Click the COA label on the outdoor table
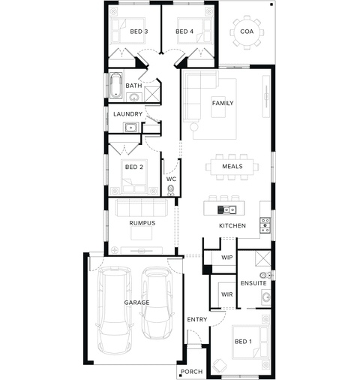coord(247,32)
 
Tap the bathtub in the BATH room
coord(115,86)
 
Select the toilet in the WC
coord(171,190)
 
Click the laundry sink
coord(130,128)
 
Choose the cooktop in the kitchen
coord(265,225)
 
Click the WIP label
coord(226,258)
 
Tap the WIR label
coord(226,294)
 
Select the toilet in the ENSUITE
coord(265,276)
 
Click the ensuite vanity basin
coord(266,297)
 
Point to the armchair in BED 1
coord(219,366)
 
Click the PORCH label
coord(191,372)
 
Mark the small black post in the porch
coord(180,375)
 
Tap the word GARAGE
coord(136,303)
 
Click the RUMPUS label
coord(142,223)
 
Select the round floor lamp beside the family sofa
coord(194,127)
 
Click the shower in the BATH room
coord(152,94)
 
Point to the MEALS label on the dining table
coord(232,166)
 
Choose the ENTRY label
coord(197,319)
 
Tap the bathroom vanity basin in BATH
coord(134,97)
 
